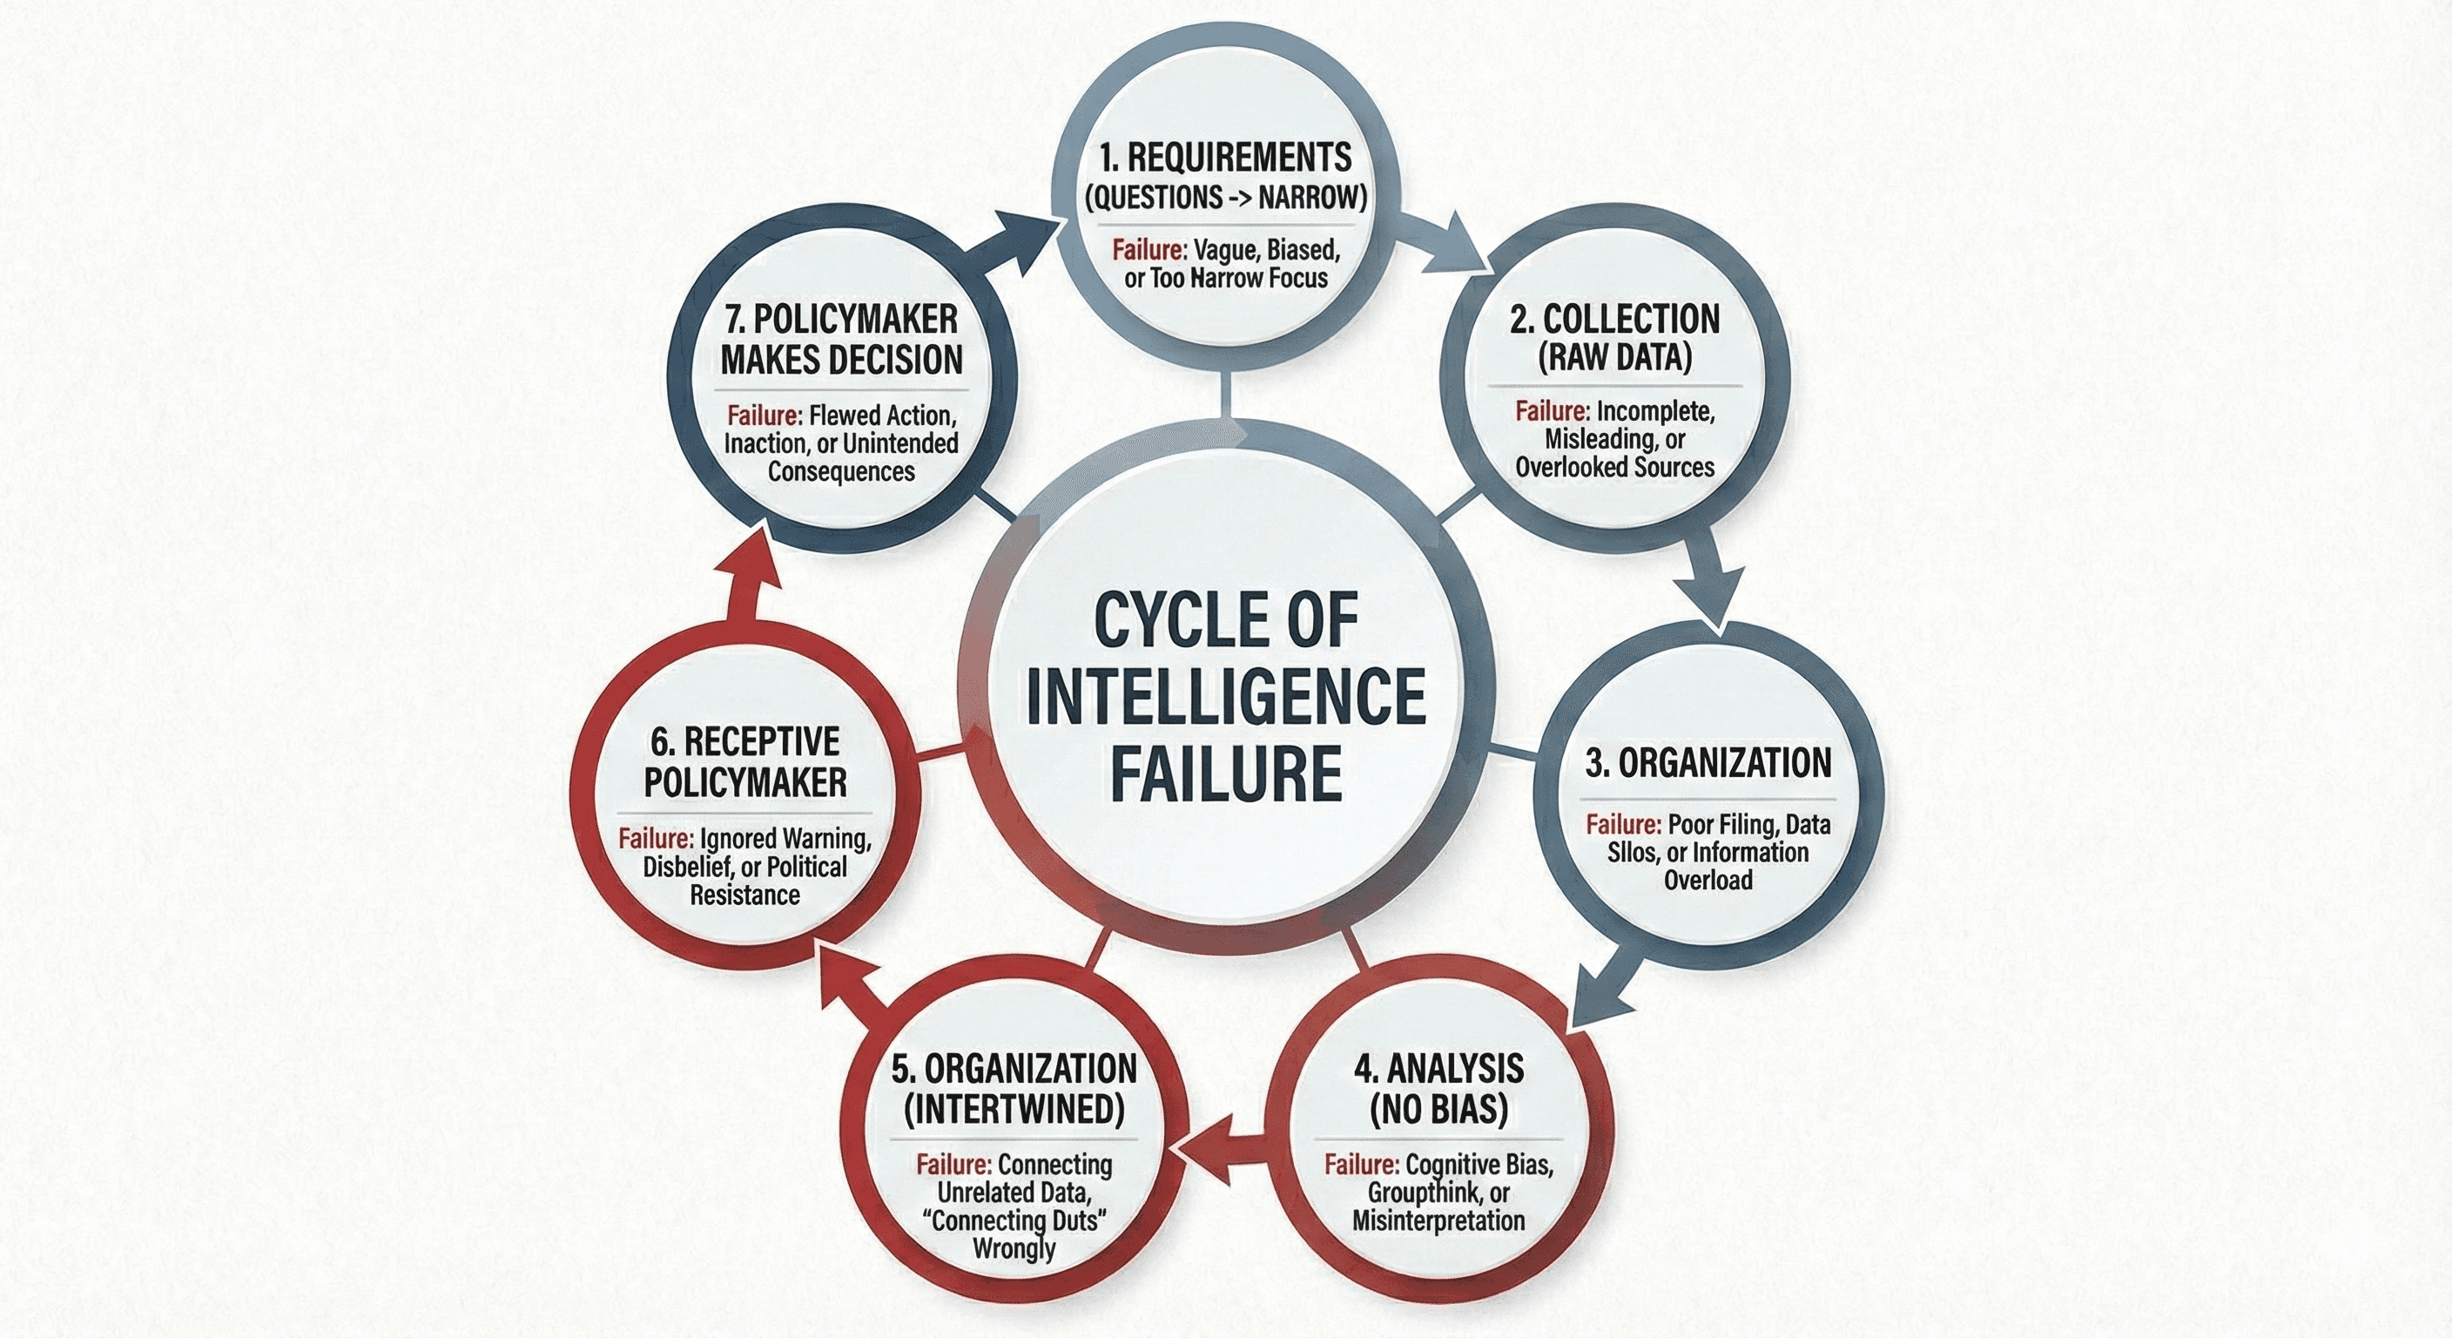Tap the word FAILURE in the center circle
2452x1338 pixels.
click(1226, 774)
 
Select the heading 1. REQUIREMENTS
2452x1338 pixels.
click(1224, 157)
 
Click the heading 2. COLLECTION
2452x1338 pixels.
click(1614, 319)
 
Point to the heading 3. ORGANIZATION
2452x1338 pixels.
click(1708, 763)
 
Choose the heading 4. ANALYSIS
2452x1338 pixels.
click(1438, 1069)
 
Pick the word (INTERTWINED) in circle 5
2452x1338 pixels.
click(1014, 1110)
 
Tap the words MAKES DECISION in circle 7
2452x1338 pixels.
click(841, 360)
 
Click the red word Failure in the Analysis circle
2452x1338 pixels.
click(1361, 1165)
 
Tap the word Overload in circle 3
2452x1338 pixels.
click(1708, 879)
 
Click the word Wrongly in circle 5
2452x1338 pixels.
click(1014, 1247)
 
